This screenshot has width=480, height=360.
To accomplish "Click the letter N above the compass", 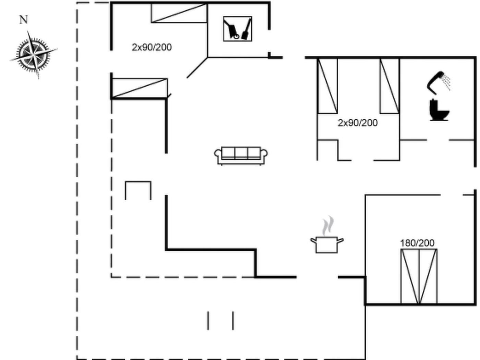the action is (x=24, y=20).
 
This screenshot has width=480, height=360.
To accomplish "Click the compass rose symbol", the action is (x=34, y=55).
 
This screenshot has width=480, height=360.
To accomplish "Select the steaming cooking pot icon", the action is (x=327, y=235).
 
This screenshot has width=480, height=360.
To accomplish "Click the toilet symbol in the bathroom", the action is (x=439, y=110).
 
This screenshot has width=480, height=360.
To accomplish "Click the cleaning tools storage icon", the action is (x=238, y=29).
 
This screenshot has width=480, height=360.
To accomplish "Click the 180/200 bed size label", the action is (x=417, y=243).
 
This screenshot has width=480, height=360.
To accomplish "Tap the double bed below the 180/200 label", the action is (x=419, y=276).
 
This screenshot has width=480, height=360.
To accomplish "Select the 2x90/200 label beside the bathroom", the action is (x=358, y=123).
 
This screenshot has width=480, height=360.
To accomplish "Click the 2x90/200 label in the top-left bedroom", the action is (x=152, y=47).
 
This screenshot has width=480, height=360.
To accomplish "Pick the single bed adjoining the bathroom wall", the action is (x=390, y=86).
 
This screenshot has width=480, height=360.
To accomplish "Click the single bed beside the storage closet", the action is (x=179, y=13).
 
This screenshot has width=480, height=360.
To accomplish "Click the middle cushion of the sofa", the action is (x=241, y=152).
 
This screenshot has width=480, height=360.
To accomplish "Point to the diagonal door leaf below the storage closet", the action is (x=197, y=68).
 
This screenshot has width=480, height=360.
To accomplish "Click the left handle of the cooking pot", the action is (x=314, y=241).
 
